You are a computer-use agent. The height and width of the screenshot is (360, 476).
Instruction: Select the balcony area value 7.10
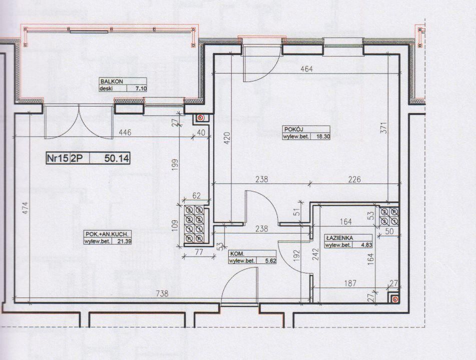point(141,88)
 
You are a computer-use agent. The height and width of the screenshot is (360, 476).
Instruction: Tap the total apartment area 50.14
point(117,158)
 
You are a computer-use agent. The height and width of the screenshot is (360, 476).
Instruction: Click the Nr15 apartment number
point(58,158)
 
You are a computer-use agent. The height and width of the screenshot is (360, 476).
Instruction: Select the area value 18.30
point(323,136)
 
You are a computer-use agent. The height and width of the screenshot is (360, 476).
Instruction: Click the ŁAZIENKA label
point(340,238)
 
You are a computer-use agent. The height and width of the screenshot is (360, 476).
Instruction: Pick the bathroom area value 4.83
point(366,245)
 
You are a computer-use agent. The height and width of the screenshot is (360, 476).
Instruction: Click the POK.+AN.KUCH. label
point(109,234)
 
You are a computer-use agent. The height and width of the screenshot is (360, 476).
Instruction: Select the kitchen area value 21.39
point(124,241)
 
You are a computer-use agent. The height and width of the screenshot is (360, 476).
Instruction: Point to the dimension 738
point(162,293)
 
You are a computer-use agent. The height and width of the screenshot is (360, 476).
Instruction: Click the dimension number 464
point(306,69)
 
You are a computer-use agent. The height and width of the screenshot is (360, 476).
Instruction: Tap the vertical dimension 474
point(26,208)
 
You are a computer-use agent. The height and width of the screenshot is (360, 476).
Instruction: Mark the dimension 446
point(125,132)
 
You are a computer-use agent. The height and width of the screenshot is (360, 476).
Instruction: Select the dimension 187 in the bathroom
point(350,283)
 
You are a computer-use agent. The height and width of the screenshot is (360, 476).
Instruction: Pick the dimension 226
point(354,179)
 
